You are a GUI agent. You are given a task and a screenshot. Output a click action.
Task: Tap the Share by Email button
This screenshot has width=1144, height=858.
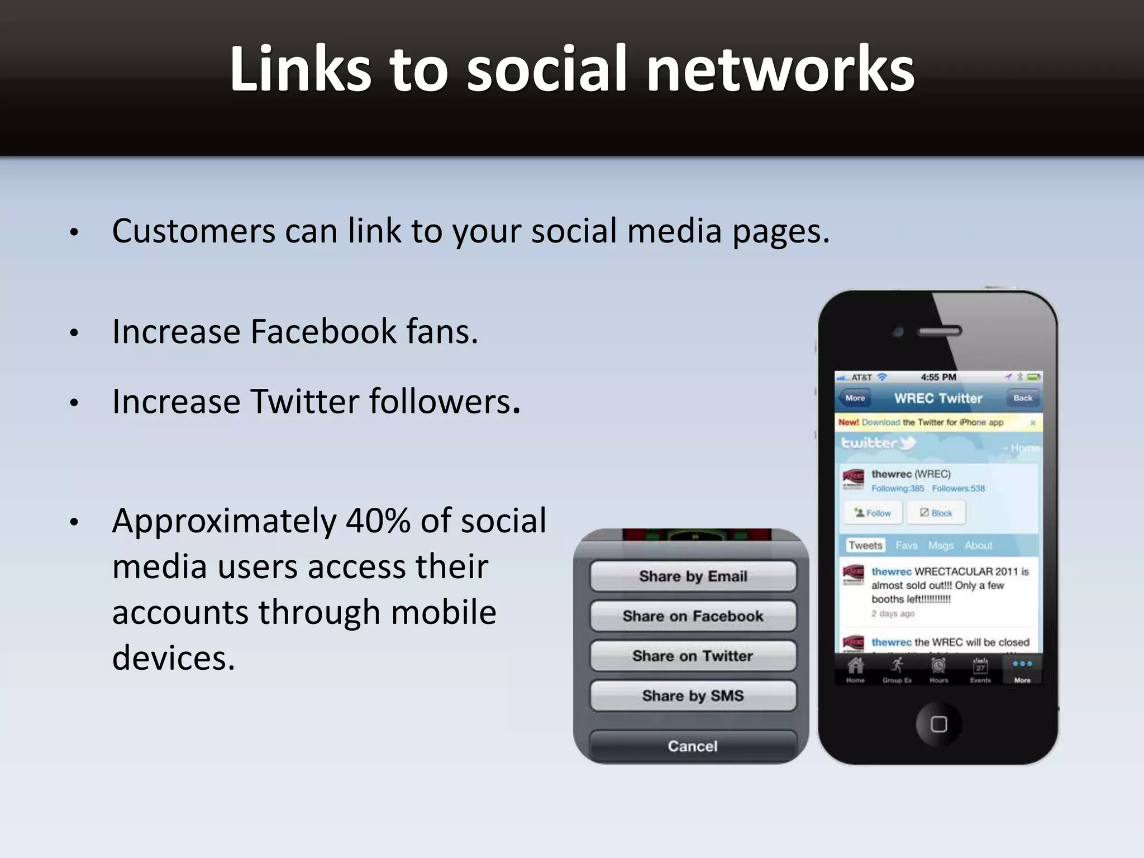click(693, 576)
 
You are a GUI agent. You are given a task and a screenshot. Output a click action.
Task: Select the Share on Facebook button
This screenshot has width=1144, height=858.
click(693, 616)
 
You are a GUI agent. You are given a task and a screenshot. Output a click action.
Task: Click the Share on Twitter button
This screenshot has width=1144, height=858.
click(693, 656)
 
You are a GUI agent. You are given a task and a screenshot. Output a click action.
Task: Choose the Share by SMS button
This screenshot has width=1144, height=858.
click(693, 696)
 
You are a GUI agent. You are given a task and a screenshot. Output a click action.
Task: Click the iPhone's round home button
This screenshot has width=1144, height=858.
click(938, 724)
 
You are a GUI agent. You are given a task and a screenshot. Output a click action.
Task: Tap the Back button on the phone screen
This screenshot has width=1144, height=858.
click(1023, 398)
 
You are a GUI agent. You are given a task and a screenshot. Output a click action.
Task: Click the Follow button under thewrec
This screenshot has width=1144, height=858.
click(873, 513)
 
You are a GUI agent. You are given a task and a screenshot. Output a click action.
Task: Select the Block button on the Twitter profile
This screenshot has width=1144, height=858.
click(936, 513)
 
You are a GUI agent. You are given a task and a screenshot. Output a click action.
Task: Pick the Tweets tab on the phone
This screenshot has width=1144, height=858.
click(865, 545)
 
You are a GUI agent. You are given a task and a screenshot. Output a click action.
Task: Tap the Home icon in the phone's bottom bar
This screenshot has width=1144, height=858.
click(855, 669)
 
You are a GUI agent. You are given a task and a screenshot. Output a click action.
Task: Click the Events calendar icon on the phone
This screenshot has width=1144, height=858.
click(980, 669)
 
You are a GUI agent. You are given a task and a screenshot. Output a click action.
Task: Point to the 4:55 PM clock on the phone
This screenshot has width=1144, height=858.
click(938, 378)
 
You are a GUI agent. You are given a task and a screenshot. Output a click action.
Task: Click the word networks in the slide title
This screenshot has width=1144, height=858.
click(780, 69)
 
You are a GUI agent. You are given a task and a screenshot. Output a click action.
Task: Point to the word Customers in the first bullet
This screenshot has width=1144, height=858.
click(193, 231)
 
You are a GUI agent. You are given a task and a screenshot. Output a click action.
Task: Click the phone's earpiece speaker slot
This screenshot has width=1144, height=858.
click(940, 331)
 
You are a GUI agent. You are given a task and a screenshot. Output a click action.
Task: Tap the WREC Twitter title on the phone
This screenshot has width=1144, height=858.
click(938, 398)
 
